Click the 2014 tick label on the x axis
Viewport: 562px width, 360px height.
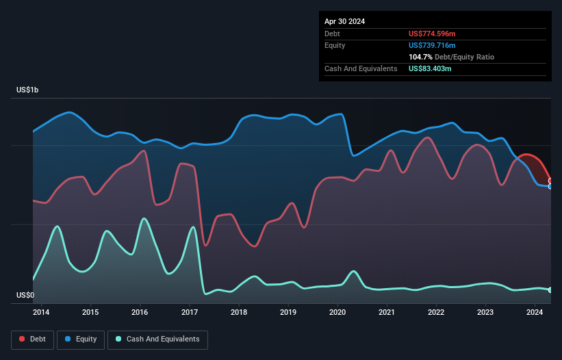tap(41, 313)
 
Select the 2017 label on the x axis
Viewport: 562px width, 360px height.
tap(189, 313)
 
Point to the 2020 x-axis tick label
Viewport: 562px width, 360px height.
tap(337, 313)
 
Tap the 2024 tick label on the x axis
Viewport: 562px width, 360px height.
tap(535, 313)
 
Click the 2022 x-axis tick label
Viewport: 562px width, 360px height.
tap(436, 313)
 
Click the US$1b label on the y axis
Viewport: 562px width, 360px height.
tap(28, 90)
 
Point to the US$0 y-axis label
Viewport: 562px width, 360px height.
tap(25, 296)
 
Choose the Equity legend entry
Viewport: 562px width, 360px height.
tap(81, 339)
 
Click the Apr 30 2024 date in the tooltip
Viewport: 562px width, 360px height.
tap(344, 21)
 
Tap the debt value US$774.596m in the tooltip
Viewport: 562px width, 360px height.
tap(432, 34)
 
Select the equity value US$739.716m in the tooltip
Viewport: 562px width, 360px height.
tap(432, 45)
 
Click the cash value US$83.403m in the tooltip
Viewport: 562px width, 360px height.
tap(430, 68)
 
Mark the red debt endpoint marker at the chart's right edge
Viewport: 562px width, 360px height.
tap(550, 181)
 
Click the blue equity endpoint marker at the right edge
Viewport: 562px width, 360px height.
tap(550, 186)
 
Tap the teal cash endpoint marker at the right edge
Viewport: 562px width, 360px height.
tap(550, 290)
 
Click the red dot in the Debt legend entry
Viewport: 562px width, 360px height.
tap(22, 339)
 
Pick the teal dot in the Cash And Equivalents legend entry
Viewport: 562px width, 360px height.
tap(119, 339)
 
